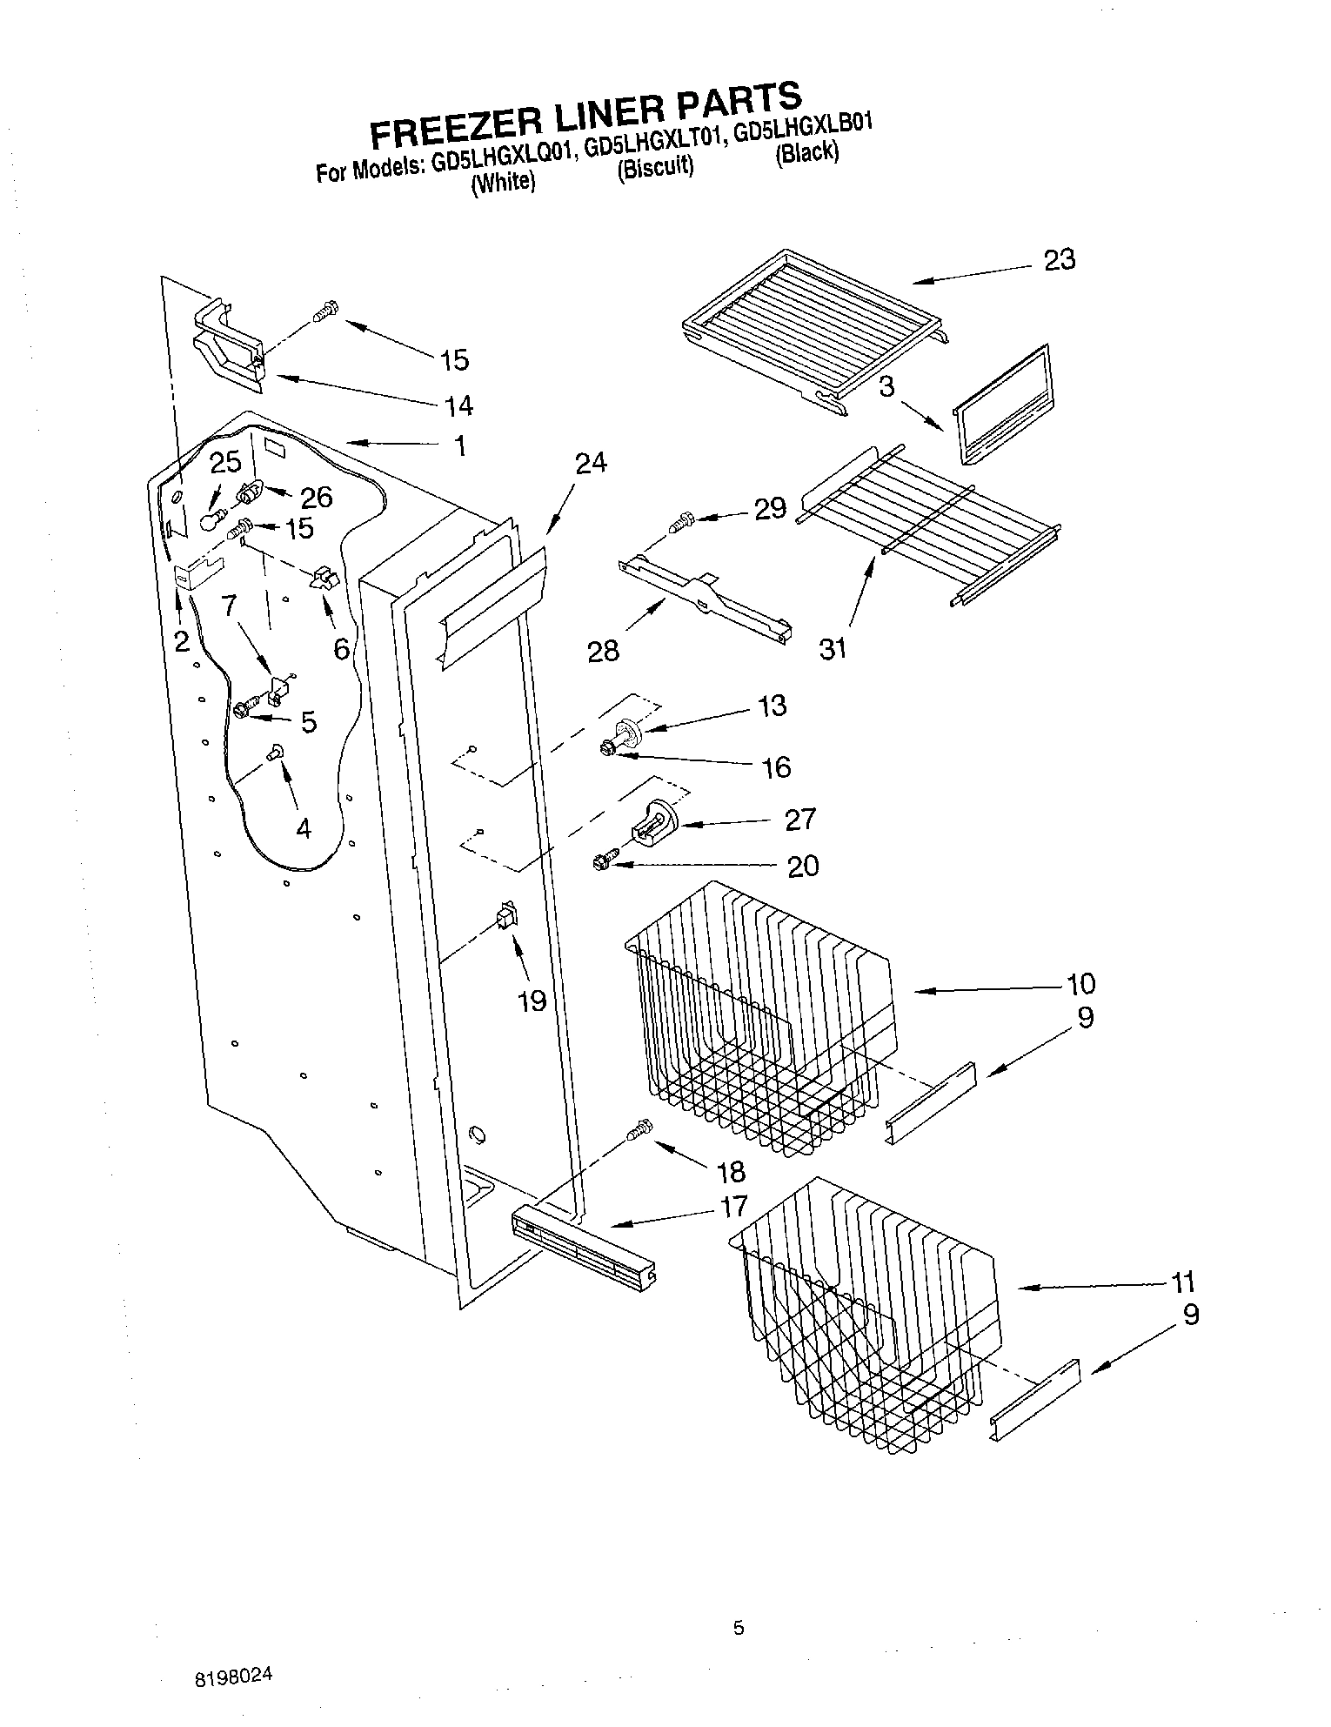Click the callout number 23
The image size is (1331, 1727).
[x=1060, y=259]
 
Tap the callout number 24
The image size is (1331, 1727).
[x=591, y=463]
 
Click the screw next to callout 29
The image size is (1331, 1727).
[x=679, y=524]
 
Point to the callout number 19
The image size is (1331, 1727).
[x=532, y=1001]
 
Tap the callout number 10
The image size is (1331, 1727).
[x=1080, y=984]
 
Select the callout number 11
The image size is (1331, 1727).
[x=1182, y=1282]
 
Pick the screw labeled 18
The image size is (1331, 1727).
[x=639, y=1130]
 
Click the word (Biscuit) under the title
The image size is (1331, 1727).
[x=655, y=168]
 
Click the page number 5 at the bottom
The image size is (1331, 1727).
[x=739, y=1629]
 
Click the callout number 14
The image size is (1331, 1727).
[x=458, y=405]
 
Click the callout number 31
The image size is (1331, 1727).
[x=833, y=647]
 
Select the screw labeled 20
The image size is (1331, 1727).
[x=603, y=862]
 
